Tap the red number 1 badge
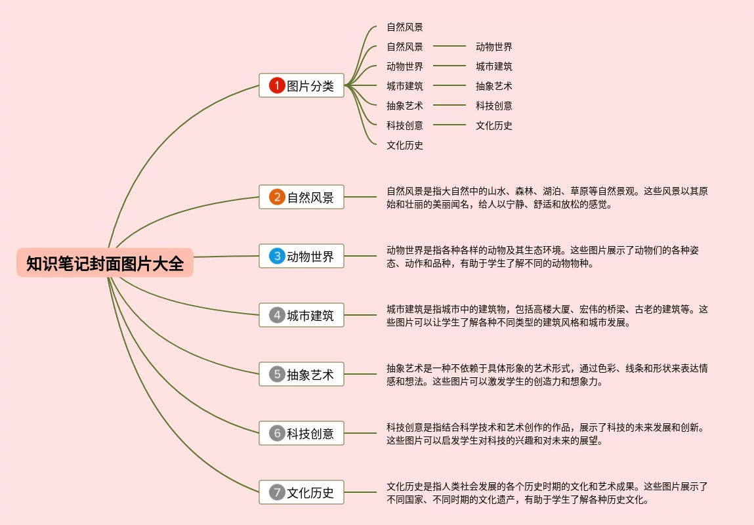click(x=277, y=85)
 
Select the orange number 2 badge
click(x=277, y=197)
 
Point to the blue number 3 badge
click(x=277, y=256)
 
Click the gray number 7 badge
click(x=277, y=492)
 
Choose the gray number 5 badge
click(x=277, y=374)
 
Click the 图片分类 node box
click(x=302, y=85)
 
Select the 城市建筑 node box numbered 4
click(x=302, y=315)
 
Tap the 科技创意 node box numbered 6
click(x=302, y=433)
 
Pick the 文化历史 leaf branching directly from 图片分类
click(x=405, y=145)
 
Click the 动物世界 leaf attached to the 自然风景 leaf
click(x=494, y=47)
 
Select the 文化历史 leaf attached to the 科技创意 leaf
click(x=494, y=125)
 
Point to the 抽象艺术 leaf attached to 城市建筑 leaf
click(x=494, y=86)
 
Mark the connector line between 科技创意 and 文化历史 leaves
click(x=449, y=125)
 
